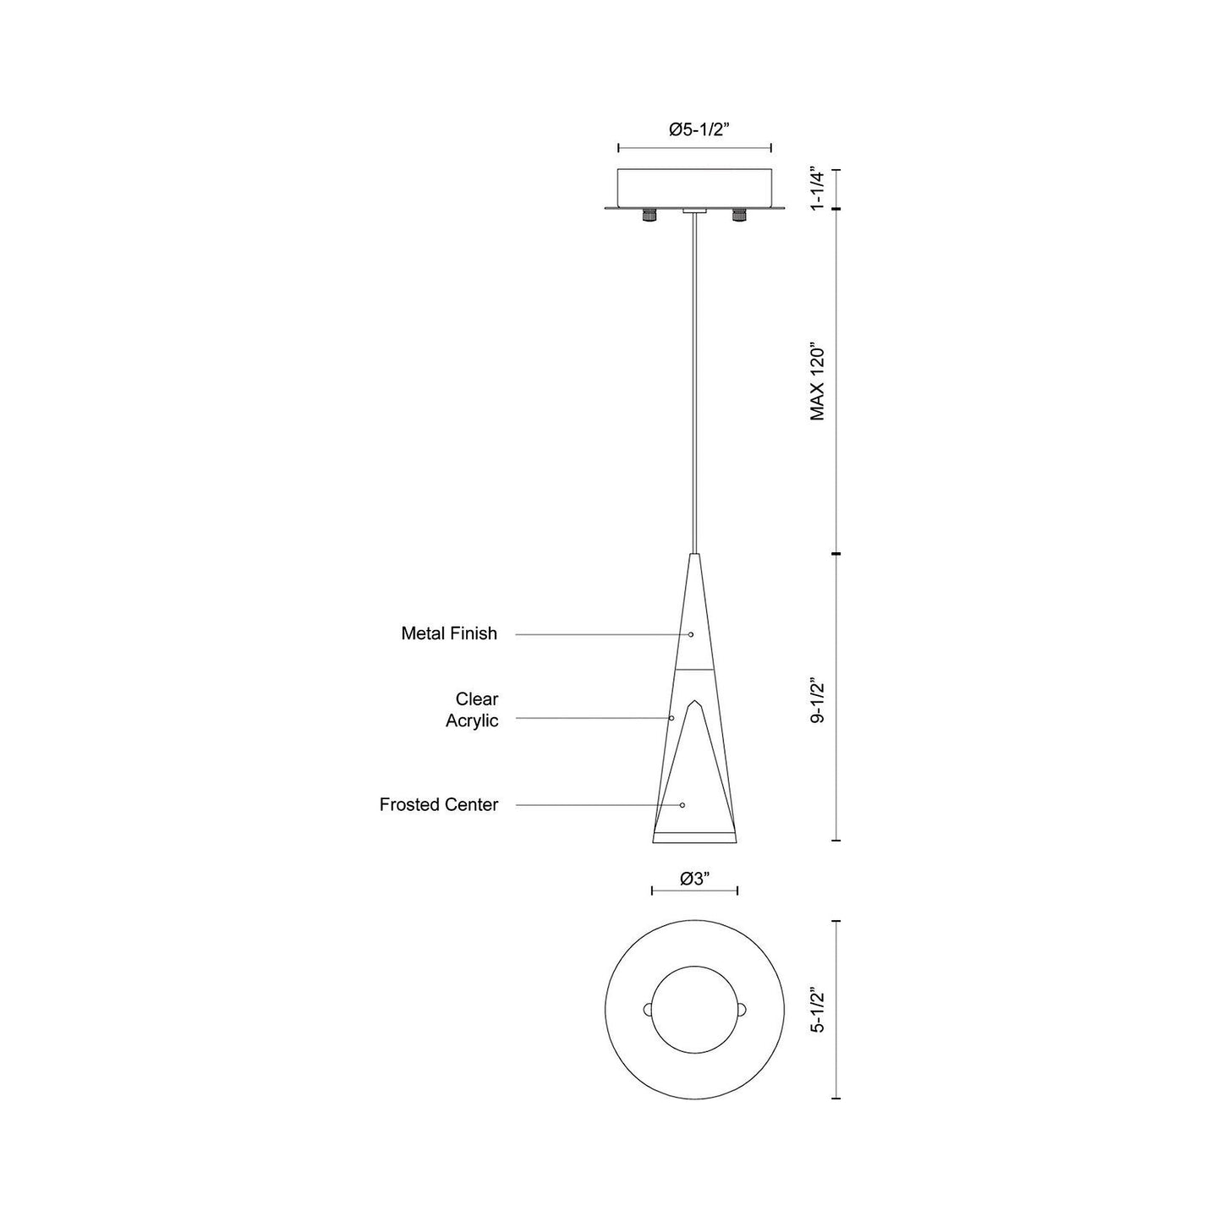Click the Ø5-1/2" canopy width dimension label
(695, 130)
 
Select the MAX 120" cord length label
(818, 382)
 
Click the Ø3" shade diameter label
(694, 878)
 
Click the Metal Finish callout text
(449, 633)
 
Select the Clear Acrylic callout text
(472, 710)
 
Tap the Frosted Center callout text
(439, 805)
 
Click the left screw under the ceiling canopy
(649, 216)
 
